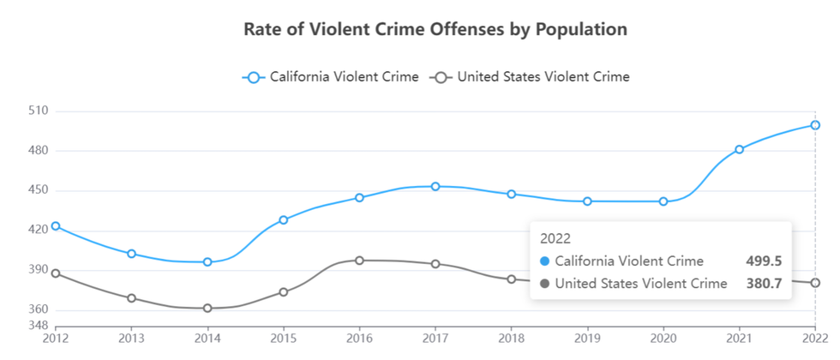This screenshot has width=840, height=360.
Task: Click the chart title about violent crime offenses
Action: click(435, 29)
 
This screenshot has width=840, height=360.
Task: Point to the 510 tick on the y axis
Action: click(38, 111)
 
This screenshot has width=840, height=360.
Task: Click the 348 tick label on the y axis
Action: click(38, 326)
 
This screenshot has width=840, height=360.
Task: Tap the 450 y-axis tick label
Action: click(38, 190)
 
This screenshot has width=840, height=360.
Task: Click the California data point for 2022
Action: click(815, 125)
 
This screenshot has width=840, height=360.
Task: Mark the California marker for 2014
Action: click(207, 261)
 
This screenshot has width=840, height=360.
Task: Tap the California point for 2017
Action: click(435, 186)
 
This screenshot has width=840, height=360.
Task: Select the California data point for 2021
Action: click(739, 149)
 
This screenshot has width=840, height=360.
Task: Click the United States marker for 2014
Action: click(207, 308)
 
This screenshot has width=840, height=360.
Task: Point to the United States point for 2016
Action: click(359, 260)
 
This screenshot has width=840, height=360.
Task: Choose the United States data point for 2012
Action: click(56, 273)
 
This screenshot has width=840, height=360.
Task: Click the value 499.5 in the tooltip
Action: click(765, 261)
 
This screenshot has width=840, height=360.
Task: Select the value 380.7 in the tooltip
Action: click(765, 283)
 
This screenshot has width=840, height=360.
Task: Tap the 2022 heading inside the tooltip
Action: click(555, 238)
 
